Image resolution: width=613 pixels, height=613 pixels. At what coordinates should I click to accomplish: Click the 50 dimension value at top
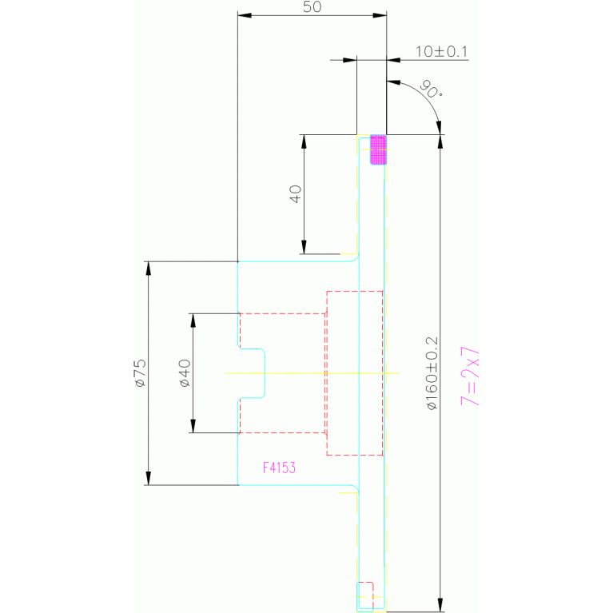(x=312, y=6)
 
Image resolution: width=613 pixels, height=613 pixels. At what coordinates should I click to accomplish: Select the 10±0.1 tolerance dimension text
(x=441, y=52)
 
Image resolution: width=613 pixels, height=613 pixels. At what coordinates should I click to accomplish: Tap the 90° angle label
(x=431, y=90)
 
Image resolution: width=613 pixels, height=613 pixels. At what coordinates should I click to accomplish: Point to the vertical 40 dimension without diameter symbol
(x=296, y=194)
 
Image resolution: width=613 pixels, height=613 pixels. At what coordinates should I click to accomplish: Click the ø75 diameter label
(x=141, y=373)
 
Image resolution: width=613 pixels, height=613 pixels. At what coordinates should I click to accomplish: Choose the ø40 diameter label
(x=185, y=373)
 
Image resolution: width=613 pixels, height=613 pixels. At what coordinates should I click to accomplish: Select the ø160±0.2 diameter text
(x=432, y=373)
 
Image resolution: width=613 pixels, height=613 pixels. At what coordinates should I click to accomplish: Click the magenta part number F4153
(x=279, y=468)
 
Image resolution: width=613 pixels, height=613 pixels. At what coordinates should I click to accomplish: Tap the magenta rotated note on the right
(x=470, y=376)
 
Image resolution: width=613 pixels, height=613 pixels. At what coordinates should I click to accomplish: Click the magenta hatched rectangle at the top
(x=378, y=149)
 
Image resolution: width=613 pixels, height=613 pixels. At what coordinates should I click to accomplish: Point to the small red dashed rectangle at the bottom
(x=365, y=595)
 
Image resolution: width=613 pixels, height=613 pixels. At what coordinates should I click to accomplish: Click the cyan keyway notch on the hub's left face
(x=253, y=373)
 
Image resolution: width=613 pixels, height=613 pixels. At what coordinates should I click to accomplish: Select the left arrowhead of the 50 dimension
(x=245, y=15)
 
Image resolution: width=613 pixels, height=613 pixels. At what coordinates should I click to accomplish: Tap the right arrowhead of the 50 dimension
(x=380, y=15)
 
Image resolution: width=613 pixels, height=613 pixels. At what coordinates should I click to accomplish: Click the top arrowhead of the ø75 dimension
(x=148, y=269)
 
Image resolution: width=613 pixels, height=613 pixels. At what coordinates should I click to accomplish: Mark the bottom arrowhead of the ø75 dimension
(x=148, y=478)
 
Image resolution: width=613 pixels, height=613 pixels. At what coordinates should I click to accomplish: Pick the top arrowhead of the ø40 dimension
(x=193, y=320)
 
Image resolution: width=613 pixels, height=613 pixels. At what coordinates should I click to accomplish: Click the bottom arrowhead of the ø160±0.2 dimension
(x=440, y=604)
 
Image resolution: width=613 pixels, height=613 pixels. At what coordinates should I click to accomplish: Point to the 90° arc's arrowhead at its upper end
(x=393, y=82)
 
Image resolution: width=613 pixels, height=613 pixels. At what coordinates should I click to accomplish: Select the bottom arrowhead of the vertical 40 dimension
(x=304, y=247)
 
